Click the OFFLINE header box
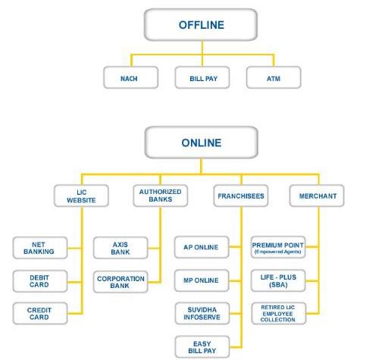(201, 25)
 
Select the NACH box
(131, 77)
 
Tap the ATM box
(274, 77)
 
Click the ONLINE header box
(202, 142)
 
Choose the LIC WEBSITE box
(81, 196)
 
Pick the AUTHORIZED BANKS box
(161, 196)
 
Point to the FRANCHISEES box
(241, 196)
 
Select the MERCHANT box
(317, 196)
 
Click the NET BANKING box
(40, 248)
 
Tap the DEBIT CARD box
(40, 281)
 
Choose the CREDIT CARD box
(40, 313)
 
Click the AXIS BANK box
(120, 248)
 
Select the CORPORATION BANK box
(120, 282)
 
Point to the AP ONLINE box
(202, 247)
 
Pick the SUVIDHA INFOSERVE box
(202, 313)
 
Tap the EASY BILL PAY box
(202, 347)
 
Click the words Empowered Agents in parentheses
(278, 252)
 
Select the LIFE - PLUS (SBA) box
(278, 280)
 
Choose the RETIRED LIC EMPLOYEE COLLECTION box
(279, 313)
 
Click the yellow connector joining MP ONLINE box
(235, 280)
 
